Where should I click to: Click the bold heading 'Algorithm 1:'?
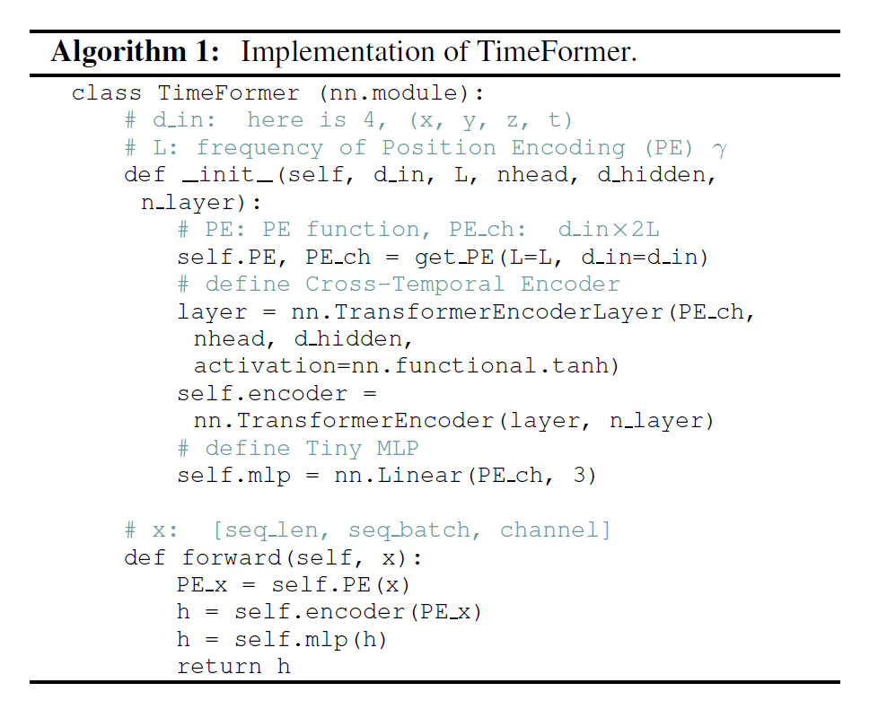click(136, 52)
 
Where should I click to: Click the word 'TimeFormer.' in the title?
click(558, 51)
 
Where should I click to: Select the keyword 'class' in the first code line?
click(106, 92)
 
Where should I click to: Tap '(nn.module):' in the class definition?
click(402, 92)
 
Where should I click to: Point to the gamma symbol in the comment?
click(719, 150)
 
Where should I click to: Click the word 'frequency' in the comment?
click(260, 148)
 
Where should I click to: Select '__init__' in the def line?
click(229, 175)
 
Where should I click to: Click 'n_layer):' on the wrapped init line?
click(201, 203)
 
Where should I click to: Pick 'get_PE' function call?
click(455, 258)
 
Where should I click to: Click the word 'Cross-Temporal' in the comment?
click(405, 284)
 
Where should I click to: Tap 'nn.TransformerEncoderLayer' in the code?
click(478, 312)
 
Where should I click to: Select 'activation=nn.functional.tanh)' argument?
click(407, 366)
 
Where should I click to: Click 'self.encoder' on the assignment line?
click(262, 393)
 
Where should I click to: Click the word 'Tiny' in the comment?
click(334, 449)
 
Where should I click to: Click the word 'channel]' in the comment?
click(556, 530)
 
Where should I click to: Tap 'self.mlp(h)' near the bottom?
click(312, 640)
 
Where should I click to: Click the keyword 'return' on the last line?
click(219, 667)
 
